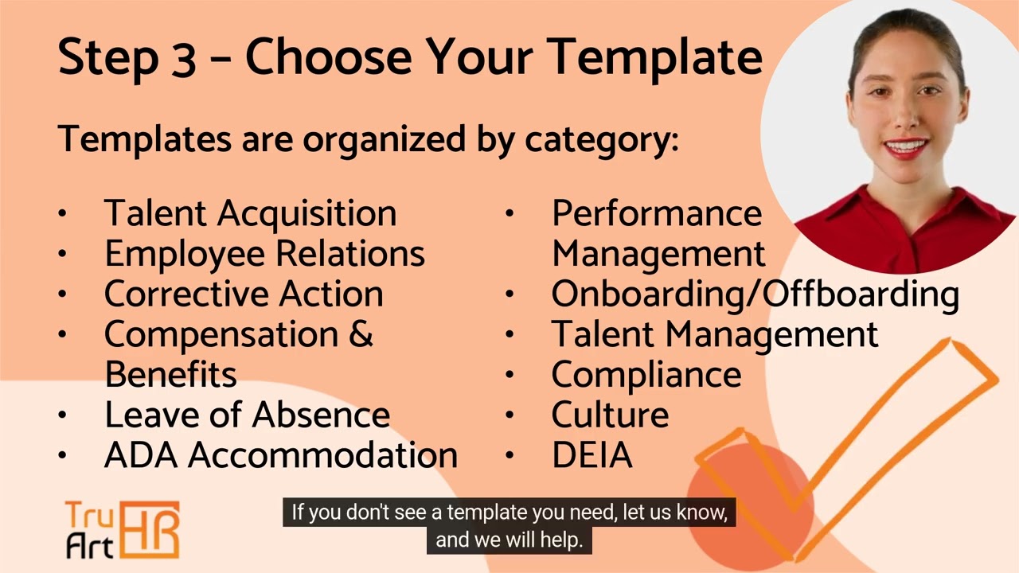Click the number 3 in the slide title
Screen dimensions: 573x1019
(x=182, y=58)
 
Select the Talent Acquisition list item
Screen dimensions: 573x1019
(x=250, y=213)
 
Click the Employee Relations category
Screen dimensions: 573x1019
(x=264, y=254)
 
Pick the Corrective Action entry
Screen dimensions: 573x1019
(x=244, y=294)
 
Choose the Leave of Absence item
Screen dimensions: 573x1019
(x=247, y=415)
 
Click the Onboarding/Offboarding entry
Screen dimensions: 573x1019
(x=755, y=294)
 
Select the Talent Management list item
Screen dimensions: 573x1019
(x=714, y=334)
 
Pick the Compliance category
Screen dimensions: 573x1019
(x=646, y=375)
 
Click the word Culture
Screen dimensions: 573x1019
(x=610, y=415)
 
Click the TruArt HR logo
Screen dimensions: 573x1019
(x=122, y=529)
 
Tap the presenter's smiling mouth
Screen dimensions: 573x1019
(x=905, y=148)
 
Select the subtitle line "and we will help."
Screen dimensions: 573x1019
(x=509, y=540)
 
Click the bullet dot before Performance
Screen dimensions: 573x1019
(x=509, y=213)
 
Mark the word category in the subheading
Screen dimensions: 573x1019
(x=601, y=140)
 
